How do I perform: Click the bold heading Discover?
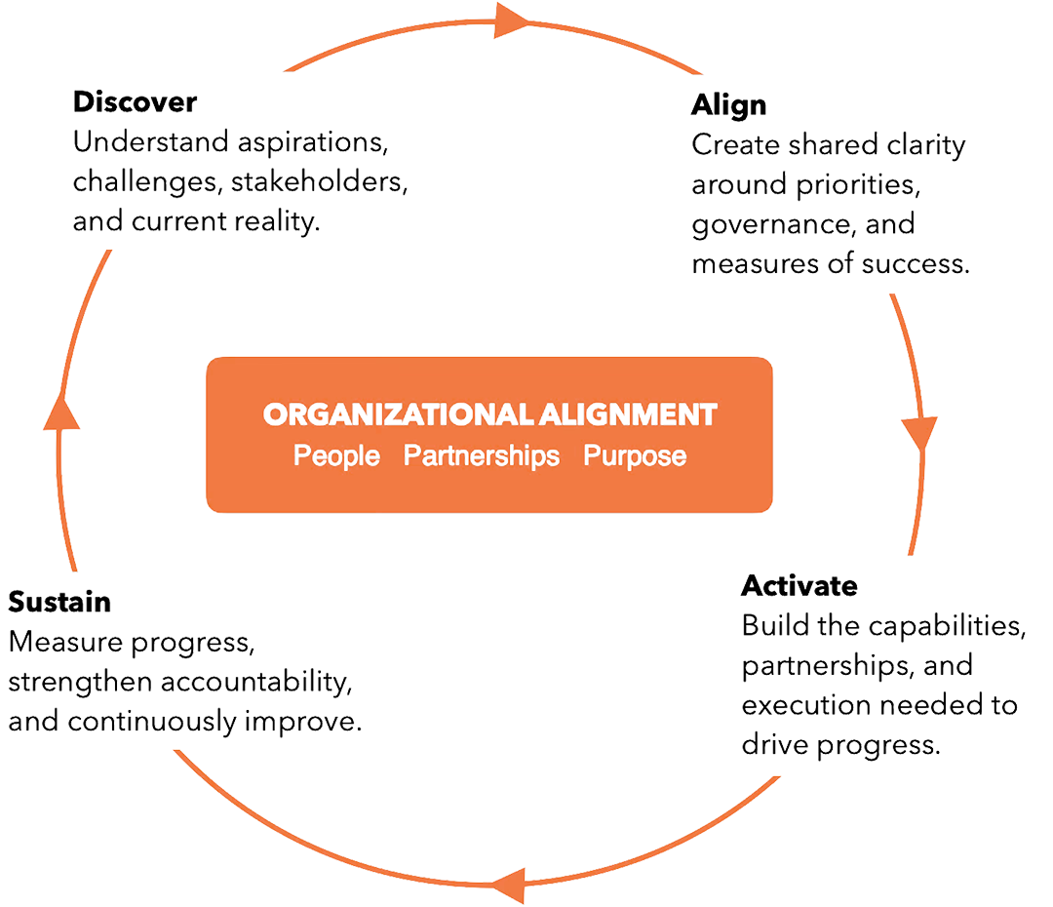135,102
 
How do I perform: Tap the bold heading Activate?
799,586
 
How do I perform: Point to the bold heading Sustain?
59,602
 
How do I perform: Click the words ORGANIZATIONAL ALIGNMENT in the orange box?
489,414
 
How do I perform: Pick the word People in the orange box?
336,456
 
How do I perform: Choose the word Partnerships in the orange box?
481,456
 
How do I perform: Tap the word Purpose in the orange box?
635,456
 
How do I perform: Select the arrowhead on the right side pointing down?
919,433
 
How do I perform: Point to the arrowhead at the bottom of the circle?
508,886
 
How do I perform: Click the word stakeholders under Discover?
319,182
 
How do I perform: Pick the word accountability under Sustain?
256,683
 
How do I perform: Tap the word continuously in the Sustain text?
152,723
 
